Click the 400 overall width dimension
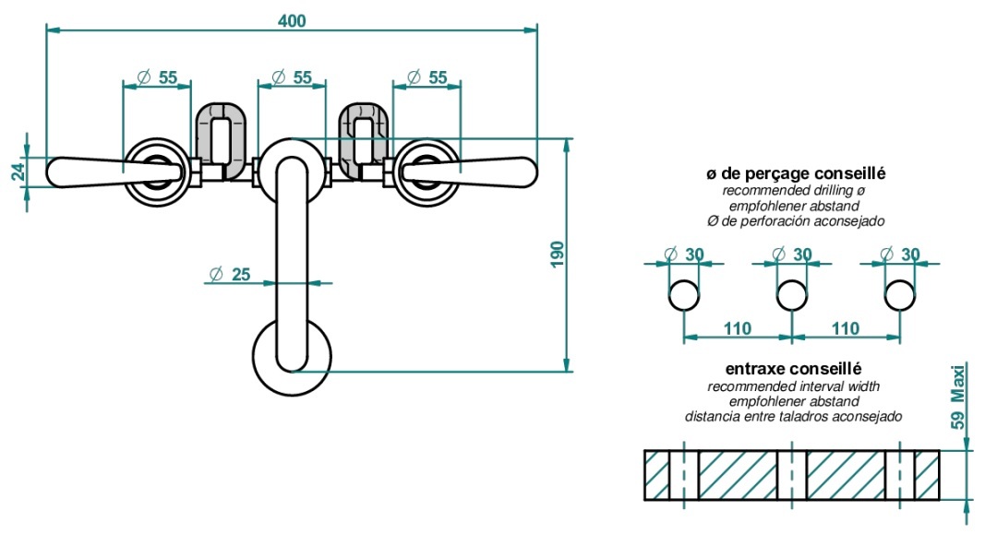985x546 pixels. pyautogui.click(x=292, y=20)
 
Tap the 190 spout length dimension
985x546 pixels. pyautogui.click(x=558, y=255)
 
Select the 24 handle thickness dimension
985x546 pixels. pyautogui.click(x=18, y=172)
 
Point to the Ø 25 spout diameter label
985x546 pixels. pyautogui.click(x=230, y=274)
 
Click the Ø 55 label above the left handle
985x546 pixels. pyautogui.click(x=158, y=77)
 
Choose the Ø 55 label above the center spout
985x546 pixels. pyautogui.click(x=292, y=77)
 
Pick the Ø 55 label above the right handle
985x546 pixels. pyautogui.click(x=427, y=77)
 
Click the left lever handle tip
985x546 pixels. pyautogui.click(x=49, y=172)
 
